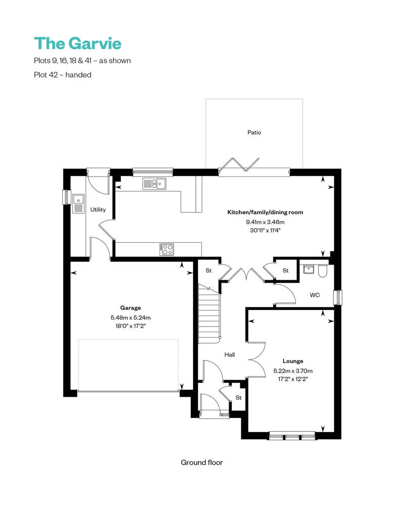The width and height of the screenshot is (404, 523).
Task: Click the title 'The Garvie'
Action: click(x=78, y=43)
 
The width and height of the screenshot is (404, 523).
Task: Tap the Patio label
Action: click(x=254, y=133)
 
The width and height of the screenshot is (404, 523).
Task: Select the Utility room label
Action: click(x=98, y=210)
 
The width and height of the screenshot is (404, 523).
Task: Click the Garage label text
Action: click(x=130, y=307)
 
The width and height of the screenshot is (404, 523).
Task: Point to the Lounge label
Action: click(x=293, y=361)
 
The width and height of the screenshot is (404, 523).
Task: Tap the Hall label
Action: click(x=230, y=355)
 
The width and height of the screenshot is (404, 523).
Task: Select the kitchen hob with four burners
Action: click(x=167, y=249)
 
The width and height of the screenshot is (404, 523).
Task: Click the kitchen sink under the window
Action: click(x=155, y=184)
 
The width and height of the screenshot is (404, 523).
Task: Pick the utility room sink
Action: click(x=78, y=204)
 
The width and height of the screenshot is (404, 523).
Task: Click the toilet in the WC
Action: click(x=323, y=271)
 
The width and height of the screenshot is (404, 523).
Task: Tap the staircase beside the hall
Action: click(x=209, y=313)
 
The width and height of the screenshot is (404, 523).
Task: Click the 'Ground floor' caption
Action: click(x=201, y=462)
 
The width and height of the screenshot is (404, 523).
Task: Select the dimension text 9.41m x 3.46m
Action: click(x=265, y=222)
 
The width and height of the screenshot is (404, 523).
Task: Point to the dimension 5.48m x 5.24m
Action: click(x=130, y=318)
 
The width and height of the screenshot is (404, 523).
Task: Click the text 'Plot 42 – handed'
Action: click(x=63, y=75)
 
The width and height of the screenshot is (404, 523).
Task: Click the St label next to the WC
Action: click(x=285, y=271)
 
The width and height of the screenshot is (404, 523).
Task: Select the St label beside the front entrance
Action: click(x=238, y=398)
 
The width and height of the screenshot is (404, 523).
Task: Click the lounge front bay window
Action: click(x=292, y=435)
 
